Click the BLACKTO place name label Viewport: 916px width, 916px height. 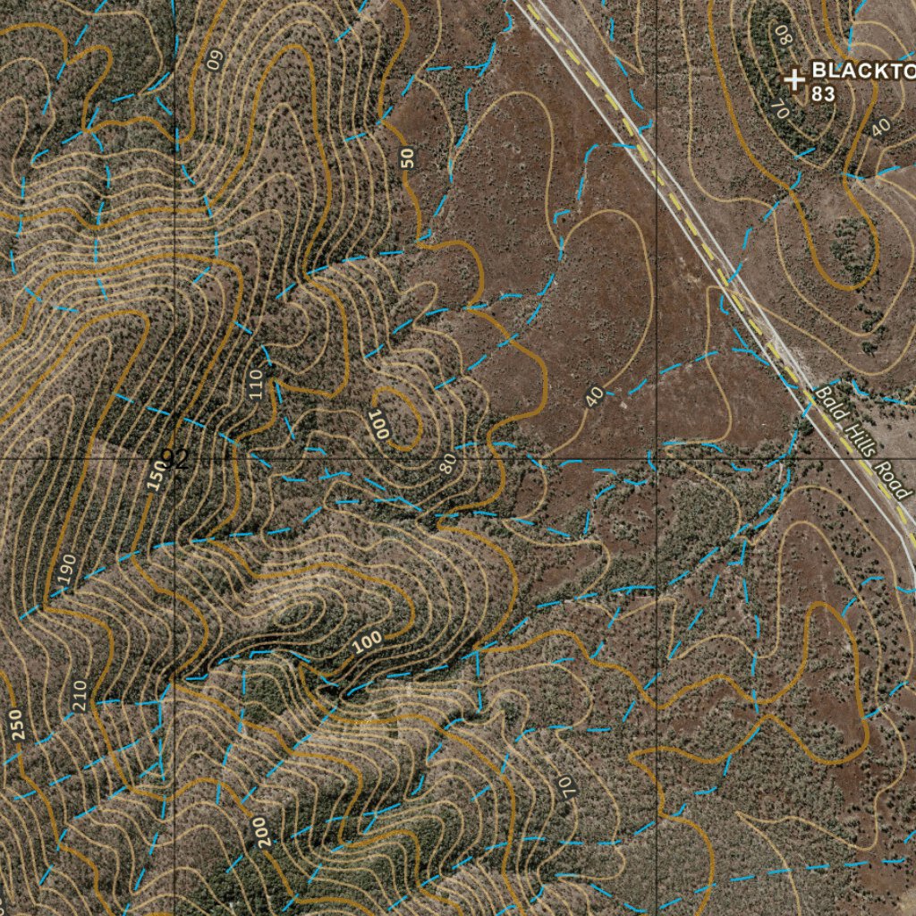pos(862,72)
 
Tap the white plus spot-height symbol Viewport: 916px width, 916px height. pos(793,80)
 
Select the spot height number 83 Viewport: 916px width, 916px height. pos(824,93)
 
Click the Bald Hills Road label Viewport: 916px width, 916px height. pos(863,443)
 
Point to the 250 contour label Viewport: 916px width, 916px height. pos(19,725)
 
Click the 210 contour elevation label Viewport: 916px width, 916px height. pos(78,696)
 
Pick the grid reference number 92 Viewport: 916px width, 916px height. pos(174,460)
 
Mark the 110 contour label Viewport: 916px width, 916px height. pos(258,383)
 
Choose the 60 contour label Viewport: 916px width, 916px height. pos(215,60)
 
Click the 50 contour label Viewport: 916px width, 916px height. pos(408,158)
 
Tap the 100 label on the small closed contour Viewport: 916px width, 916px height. pos(379,423)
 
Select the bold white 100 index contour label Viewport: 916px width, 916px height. pos(367,640)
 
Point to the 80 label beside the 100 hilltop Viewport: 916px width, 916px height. pos(448,462)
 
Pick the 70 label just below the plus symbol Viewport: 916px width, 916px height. pos(777,109)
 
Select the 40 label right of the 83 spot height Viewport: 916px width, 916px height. pos(880,127)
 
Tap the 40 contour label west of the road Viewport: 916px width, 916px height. pos(594,396)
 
